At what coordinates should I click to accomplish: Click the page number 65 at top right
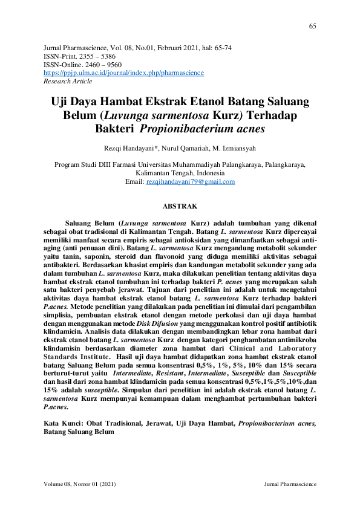(x=312, y=26)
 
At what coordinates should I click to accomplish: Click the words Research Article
(x=68, y=80)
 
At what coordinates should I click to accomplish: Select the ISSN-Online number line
(x=83, y=63)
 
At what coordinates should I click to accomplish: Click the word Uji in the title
(x=61, y=102)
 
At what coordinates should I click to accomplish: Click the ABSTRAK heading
(x=180, y=206)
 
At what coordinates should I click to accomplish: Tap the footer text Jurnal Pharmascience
(x=290, y=485)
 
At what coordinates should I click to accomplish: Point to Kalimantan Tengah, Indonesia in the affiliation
(x=180, y=173)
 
